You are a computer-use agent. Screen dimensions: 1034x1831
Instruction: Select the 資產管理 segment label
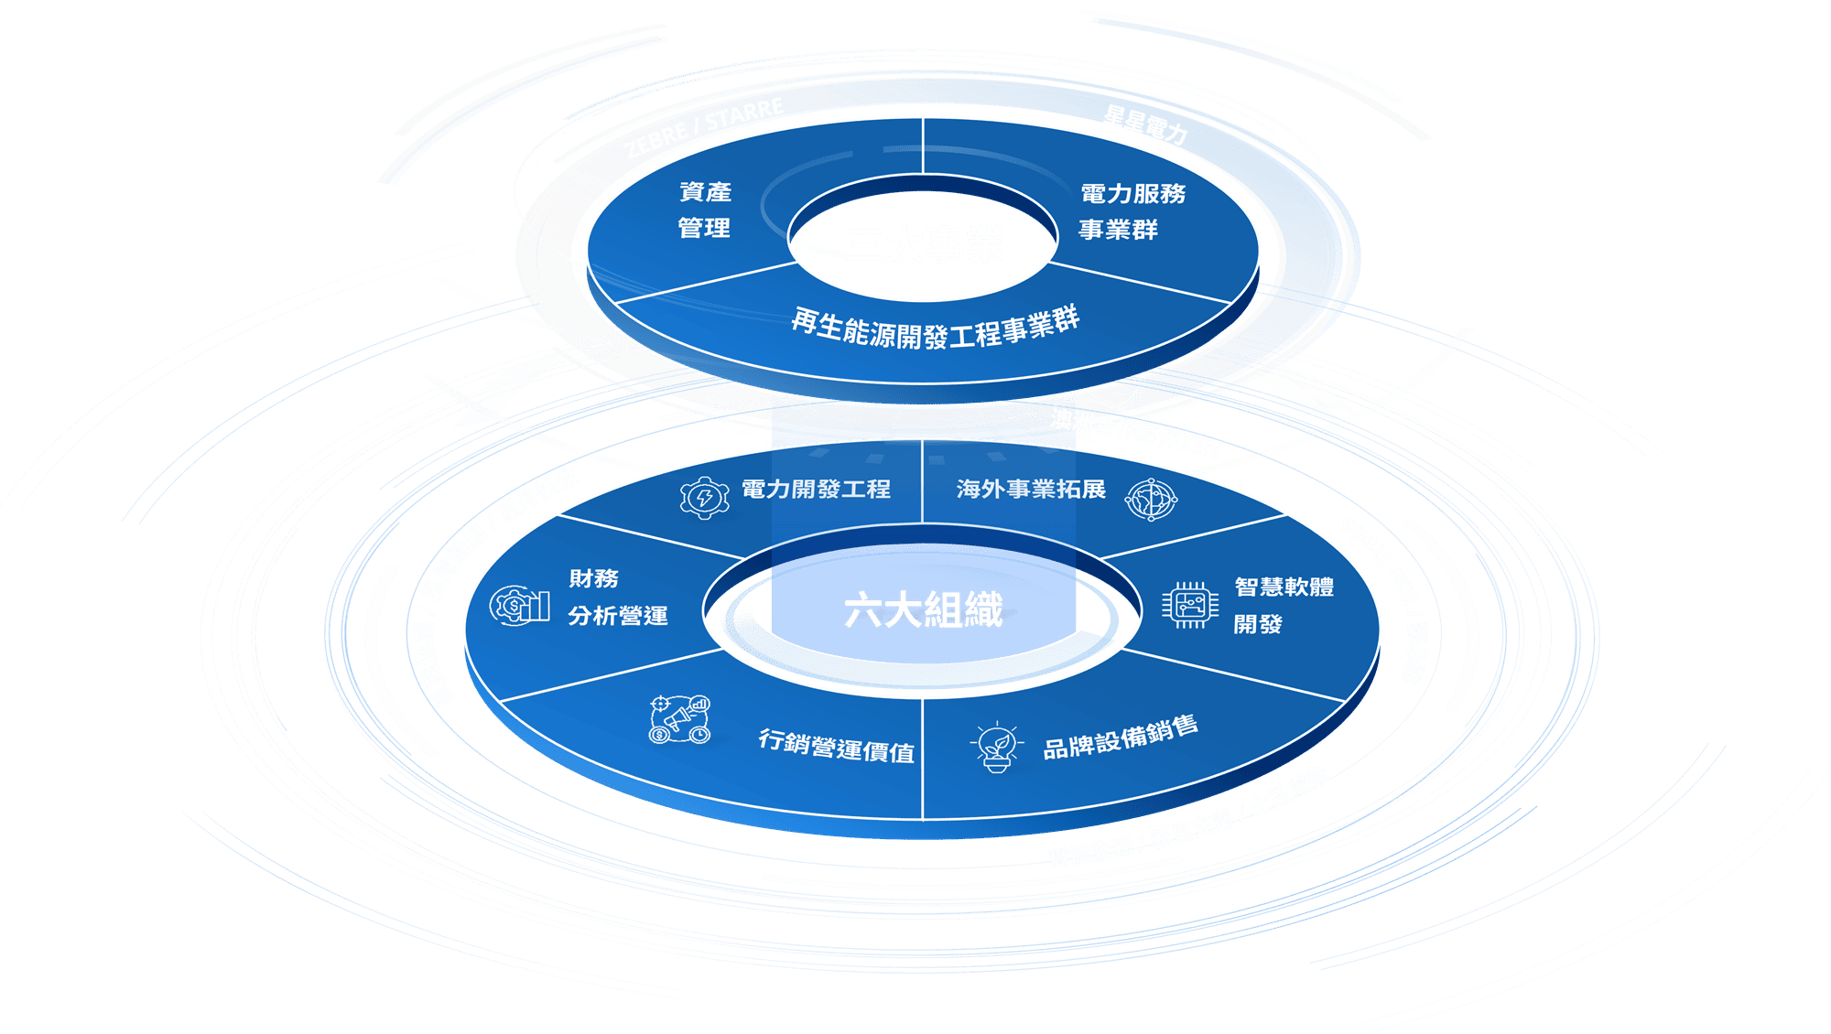705,210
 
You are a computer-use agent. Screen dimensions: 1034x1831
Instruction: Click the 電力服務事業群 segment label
1132,211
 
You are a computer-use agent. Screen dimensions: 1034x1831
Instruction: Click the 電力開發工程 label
815,490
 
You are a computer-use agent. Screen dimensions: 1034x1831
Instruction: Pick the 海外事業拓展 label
1031,490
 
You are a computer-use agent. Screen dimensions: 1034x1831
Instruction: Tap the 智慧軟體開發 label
1283,605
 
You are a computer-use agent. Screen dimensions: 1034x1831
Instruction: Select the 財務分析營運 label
617,598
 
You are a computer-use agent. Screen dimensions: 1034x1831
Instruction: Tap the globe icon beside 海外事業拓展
1151,499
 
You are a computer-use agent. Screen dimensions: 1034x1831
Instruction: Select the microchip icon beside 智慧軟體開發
1190,605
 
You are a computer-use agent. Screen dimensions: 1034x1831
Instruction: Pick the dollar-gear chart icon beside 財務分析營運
519,605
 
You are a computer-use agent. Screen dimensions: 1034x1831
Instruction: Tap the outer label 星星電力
1145,124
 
